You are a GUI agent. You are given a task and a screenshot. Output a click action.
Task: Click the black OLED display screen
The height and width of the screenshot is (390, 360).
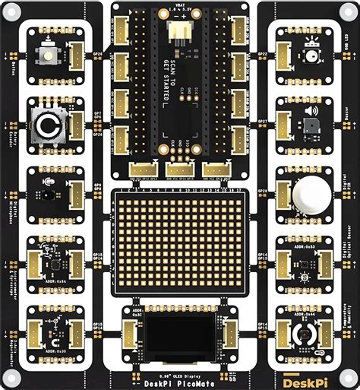(179, 333)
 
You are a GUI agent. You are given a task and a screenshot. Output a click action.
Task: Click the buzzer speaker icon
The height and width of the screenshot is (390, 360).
(311, 111)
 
